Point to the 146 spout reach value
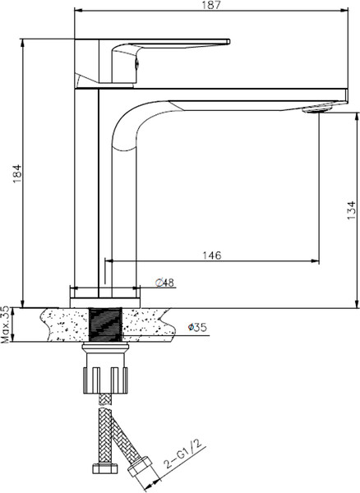click(x=211, y=256)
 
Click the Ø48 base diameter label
click(x=164, y=283)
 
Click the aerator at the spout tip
click(x=318, y=108)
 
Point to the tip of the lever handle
click(x=224, y=42)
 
